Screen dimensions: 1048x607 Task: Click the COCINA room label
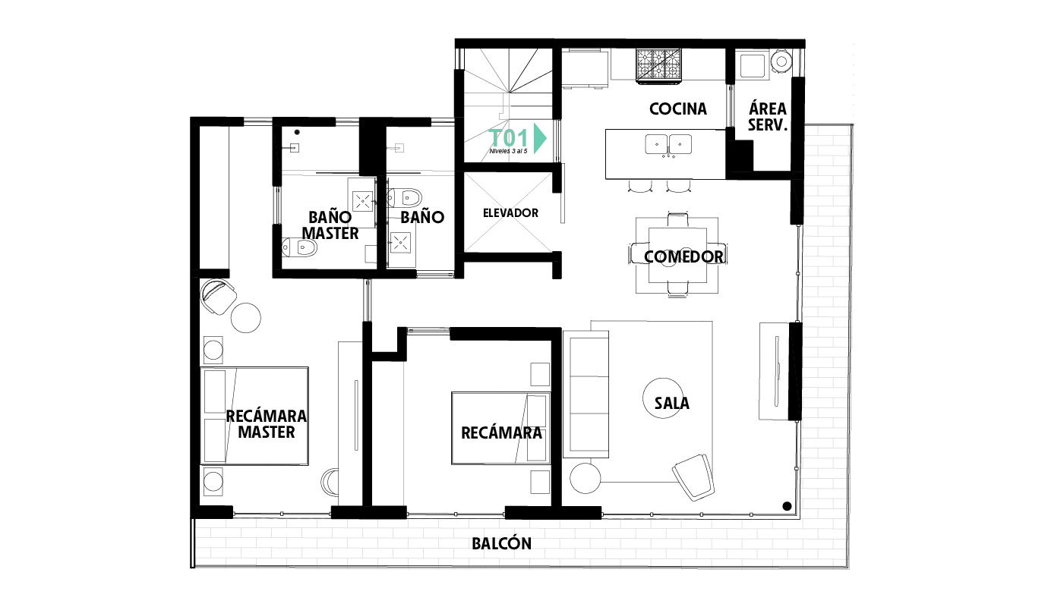pos(678,109)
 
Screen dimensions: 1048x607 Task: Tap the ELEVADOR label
pos(510,213)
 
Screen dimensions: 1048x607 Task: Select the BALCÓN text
pos(501,543)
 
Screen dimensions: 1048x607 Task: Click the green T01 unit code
pos(509,138)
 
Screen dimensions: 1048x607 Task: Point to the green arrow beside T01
pos(540,138)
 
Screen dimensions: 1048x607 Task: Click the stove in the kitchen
pos(658,65)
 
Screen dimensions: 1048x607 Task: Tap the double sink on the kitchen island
pos(668,144)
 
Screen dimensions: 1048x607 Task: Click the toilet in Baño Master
pos(299,247)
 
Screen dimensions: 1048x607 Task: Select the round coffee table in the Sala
pos(663,398)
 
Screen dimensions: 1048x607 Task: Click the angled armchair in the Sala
pos(694,477)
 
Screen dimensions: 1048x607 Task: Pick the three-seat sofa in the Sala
pos(586,395)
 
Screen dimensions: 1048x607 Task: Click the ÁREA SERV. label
pos(768,117)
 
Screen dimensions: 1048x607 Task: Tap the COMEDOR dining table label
pos(683,256)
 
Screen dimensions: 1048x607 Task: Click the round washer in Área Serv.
pos(781,61)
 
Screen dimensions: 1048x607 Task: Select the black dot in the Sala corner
pos(787,506)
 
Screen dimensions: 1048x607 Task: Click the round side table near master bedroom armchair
pos(245,318)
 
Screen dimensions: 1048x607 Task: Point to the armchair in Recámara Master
pos(218,296)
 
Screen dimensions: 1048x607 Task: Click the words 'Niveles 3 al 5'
pos(508,152)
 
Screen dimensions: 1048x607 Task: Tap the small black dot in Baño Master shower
pos(297,132)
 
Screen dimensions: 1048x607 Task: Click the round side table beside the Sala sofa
pos(585,478)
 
